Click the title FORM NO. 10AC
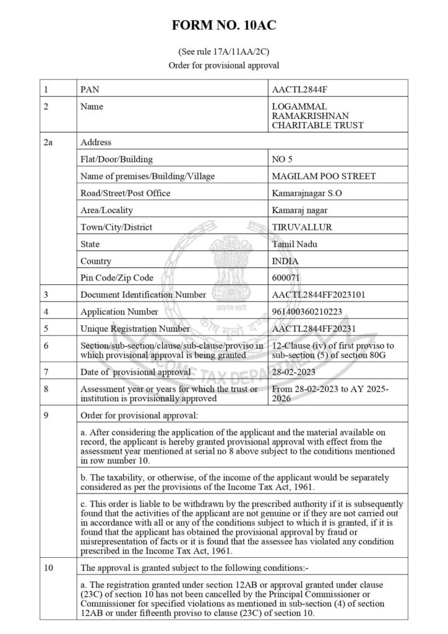[x=223, y=25]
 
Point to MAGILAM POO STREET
[x=324, y=176]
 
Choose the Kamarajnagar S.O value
[x=306, y=193]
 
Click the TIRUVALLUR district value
[x=302, y=227]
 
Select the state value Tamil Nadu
[x=293, y=244]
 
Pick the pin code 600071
[x=286, y=277]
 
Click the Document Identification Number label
[x=143, y=295]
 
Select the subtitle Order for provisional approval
[x=223, y=65]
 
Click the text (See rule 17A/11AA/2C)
[x=223, y=53]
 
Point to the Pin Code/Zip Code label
[x=117, y=277]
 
